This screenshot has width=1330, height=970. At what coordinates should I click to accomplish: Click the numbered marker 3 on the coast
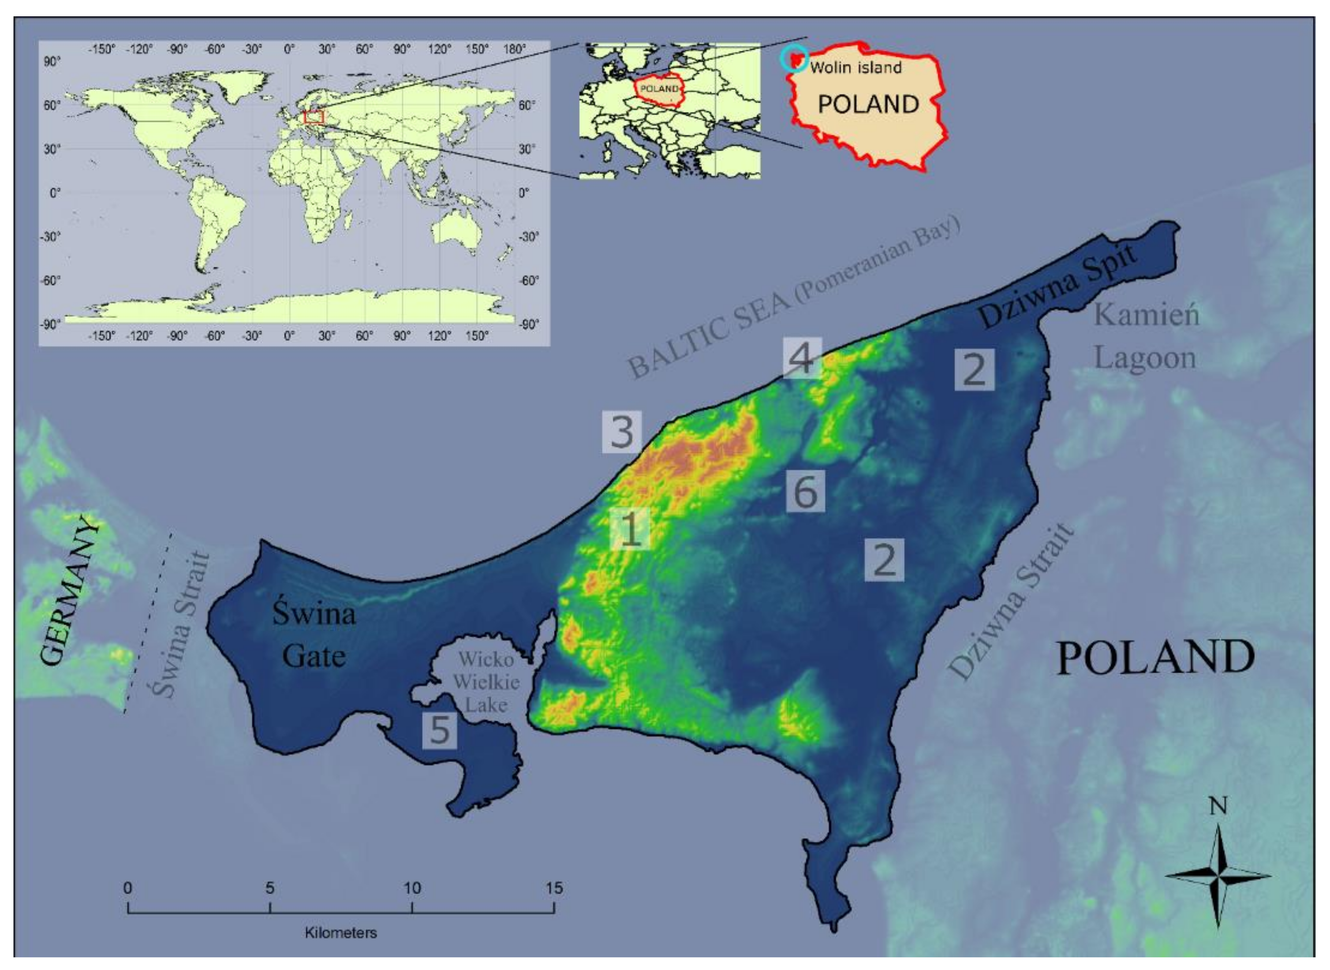[622, 432]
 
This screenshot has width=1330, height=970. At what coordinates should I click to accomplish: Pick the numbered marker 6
[806, 491]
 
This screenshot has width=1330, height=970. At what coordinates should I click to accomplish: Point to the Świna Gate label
[314, 635]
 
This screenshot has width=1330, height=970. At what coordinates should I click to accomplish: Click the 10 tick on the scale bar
[412, 912]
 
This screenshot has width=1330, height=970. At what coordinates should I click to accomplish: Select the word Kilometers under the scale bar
[340, 933]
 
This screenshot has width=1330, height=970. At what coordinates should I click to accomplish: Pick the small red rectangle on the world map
[314, 117]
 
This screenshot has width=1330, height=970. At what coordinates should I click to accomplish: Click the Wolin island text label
[856, 68]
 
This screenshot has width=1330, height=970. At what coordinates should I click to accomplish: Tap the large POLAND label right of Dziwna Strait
[1156, 658]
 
